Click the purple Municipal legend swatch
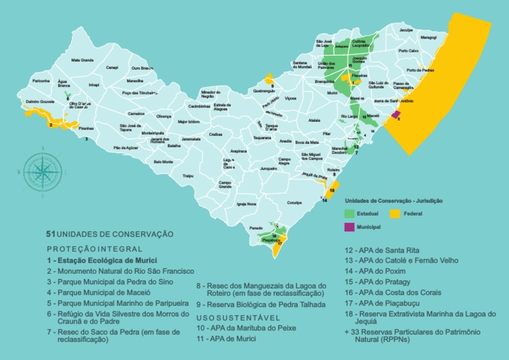[x=349, y=227]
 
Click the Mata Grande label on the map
[x=82, y=60]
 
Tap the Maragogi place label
[x=428, y=38]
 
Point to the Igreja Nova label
[x=246, y=204]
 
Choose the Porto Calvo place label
[x=408, y=51]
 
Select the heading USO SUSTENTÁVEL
[x=231, y=318]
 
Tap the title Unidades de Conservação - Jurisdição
[x=394, y=200]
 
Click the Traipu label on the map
[x=188, y=176]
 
